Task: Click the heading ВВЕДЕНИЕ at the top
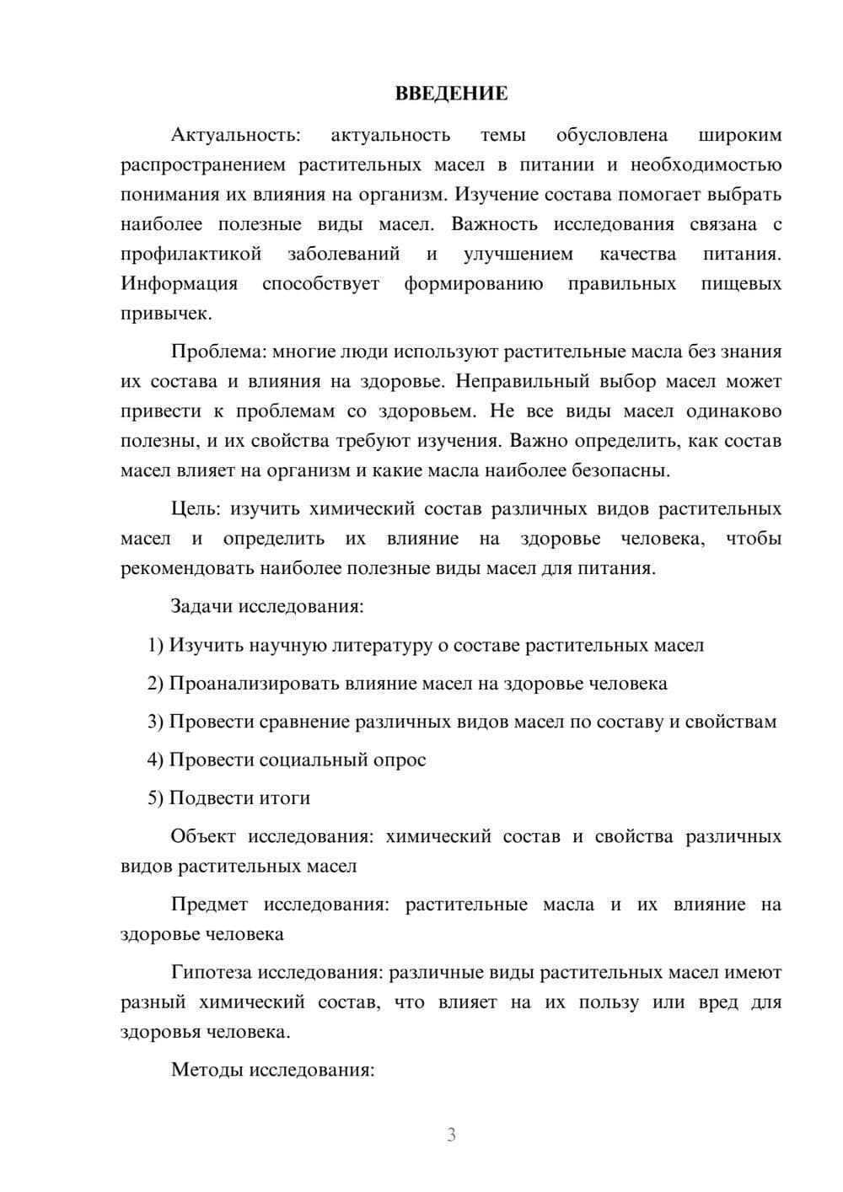pyautogui.click(x=451, y=94)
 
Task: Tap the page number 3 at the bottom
pyautogui.click(x=451, y=1135)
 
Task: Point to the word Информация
pyautogui.click(x=179, y=283)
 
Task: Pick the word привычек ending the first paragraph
pyautogui.click(x=164, y=313)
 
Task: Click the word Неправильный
pyautogui.click(x=522, y=381)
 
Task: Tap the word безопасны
pyautogui.click(x=620, y=470)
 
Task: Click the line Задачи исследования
pyautogui.click(x=267, y=606)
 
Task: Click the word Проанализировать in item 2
pyautogui.click(x=254, y=684)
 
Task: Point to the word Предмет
pyautogui.click(x=209, y=905)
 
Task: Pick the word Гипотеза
pyautogui.click(x=211, y=973)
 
